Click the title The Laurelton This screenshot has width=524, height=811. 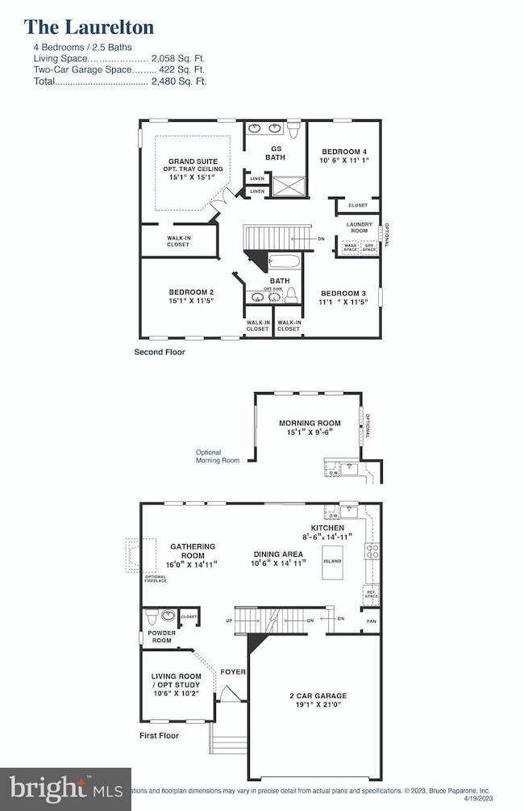coord(90,27)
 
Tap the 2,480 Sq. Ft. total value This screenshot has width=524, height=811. coord(178,81)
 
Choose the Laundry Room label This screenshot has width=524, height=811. coord(357,227)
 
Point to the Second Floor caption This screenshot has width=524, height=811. coord(159,352)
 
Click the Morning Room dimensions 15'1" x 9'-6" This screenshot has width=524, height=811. coord(310,433)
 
